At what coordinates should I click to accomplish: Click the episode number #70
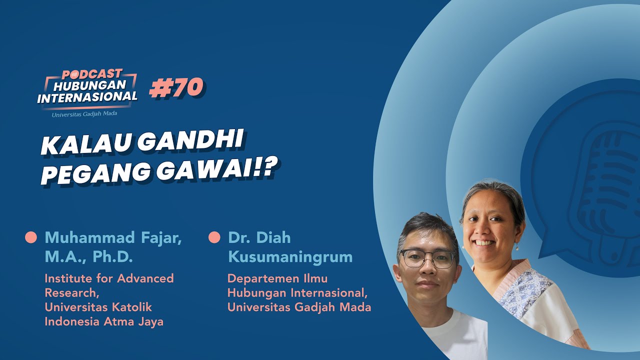point(176,88)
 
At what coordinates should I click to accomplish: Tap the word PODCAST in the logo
point(92,74)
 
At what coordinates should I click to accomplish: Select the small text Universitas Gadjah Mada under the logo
point(84,114)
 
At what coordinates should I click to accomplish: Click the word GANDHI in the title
point(190,141)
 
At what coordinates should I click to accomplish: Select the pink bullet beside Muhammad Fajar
point(31,237)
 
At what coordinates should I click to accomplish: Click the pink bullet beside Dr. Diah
point(214,237)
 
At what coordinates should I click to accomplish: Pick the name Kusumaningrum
point(290,257)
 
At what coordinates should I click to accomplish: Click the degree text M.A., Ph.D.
point(88,257)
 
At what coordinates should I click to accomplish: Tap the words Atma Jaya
point(133,321)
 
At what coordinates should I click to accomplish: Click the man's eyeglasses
point(427,258)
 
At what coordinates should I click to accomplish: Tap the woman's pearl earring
point(517,248)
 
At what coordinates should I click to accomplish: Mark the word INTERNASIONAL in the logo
point(87,97)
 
